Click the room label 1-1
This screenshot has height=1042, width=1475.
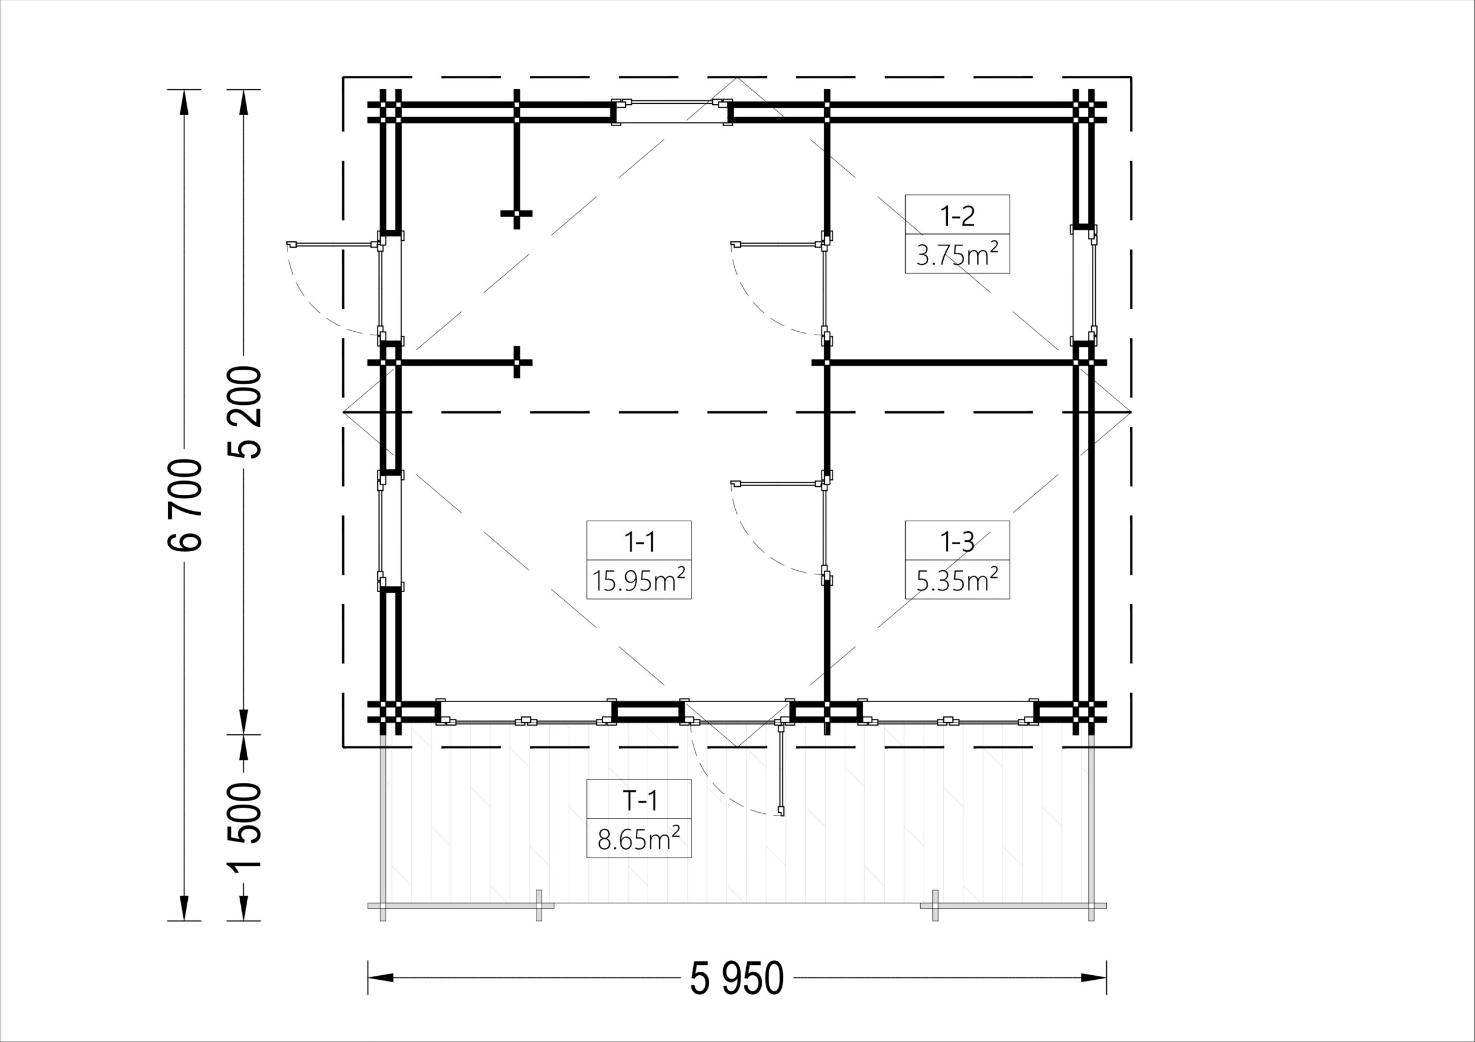pyautogui.click(x=639, y=543)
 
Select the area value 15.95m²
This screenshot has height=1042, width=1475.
pyautogui.click(x=639, y=580)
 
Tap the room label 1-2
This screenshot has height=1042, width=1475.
pyautogui.click(x=957, y=217)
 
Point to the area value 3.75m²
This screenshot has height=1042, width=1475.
pyautogui.click(x=957, y=255)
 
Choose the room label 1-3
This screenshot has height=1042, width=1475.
pyautogui.click(x=957, y=543)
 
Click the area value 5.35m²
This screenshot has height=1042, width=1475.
pyautogui.click(x=957, y=580)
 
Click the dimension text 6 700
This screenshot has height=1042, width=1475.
pyautogui.click(x=185, y=505)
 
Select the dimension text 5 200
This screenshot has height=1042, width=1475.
pyautogui.click(x=244, y=412)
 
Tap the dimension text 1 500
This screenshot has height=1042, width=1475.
pyautogui.click(x=244, y=826)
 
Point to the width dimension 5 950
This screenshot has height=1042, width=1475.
pyautogui.click(x=737, y=979)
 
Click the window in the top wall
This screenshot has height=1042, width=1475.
pyautogui.click(x=671, y=112)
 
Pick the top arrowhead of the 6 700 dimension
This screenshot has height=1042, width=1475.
pyautogui.click(x=185, y=102)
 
